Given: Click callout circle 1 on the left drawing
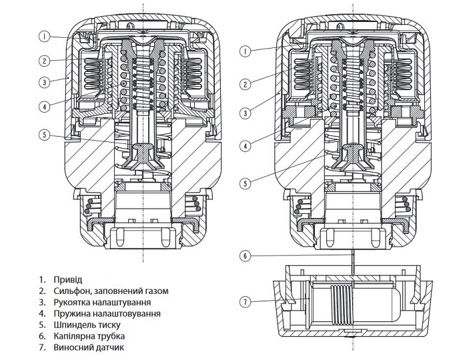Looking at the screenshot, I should tap(44, 36).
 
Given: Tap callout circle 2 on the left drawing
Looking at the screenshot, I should tap(44, 61).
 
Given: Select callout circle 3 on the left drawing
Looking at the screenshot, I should tap(44, 83).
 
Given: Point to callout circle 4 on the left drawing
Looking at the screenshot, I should tap(44, 105).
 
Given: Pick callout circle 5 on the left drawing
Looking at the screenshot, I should tap(44, 135).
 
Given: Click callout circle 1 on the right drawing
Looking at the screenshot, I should tap(246, 51).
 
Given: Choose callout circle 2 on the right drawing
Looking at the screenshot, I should tap(246, 84).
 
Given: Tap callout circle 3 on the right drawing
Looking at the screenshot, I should tap(246, 113).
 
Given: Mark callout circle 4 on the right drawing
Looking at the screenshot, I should tap(246, 145).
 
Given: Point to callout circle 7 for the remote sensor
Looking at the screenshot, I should tap(246, 302).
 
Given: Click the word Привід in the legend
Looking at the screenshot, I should tap(69, 279).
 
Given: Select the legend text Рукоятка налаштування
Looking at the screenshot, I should tap(102, 302).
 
